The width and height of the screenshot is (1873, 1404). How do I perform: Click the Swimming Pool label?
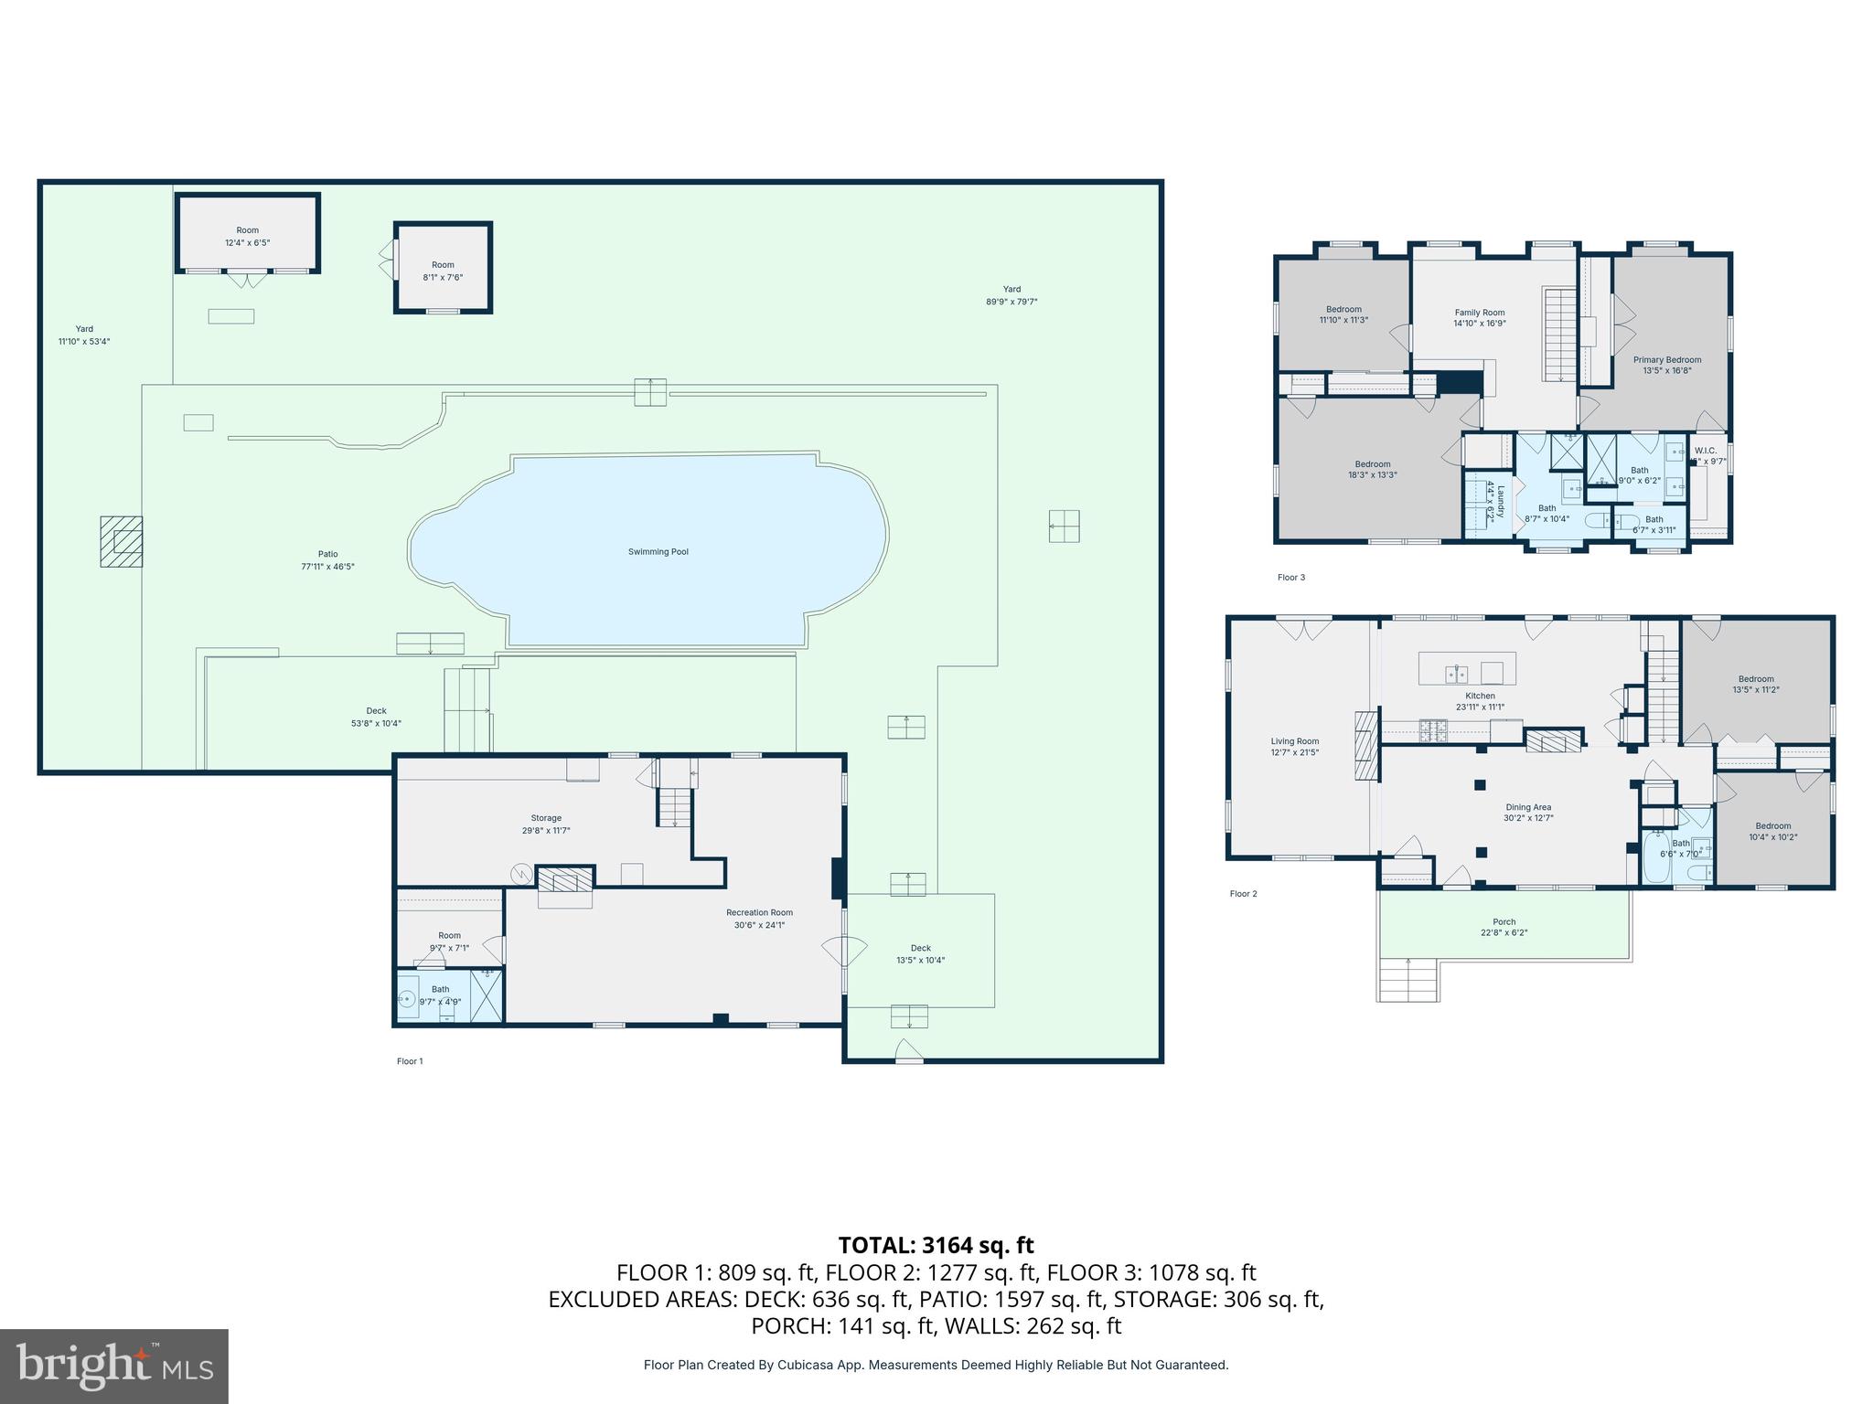658,552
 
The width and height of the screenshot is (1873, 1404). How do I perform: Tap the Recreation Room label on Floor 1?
759,912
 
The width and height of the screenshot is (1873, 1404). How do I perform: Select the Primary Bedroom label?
1667,360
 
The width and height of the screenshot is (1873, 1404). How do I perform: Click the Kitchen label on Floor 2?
1480,696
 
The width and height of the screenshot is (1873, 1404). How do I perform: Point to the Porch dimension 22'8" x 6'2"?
1504,933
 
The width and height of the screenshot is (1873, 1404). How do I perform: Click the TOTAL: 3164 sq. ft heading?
936,1245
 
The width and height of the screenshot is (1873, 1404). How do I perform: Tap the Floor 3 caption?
1290,578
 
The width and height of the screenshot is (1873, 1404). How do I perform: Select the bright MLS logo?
113,1366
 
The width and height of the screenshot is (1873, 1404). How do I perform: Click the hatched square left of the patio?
122,541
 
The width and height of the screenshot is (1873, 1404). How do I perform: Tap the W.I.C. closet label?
1705,451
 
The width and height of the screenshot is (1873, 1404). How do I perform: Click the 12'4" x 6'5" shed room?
247,236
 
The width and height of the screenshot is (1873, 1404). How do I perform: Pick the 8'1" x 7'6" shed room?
443,271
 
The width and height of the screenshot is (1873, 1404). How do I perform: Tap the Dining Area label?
1528,807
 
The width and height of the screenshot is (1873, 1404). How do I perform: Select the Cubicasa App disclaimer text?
936,1365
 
